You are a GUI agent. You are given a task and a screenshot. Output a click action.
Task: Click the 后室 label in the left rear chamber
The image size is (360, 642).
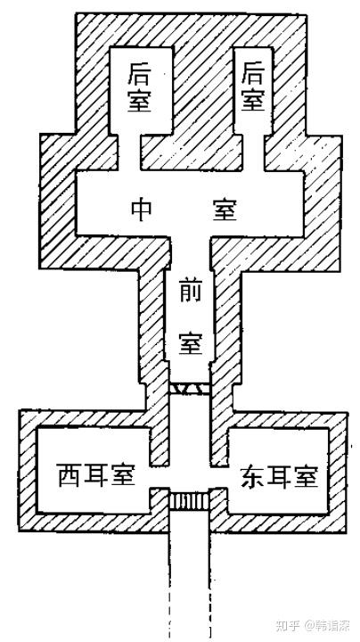point(139,86)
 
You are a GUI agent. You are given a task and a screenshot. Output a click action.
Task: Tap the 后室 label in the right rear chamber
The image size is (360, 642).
point(253,86)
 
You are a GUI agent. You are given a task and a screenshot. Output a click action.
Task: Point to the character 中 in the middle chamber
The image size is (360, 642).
point(142,210)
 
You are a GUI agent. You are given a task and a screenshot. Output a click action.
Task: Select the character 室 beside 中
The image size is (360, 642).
point(225,210)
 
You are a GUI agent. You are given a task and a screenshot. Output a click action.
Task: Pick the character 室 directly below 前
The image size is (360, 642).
point(191,342)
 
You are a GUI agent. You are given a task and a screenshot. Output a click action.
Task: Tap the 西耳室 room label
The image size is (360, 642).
point(95,474)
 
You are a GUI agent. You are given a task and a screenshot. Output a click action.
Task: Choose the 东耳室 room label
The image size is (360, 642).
point(279,475)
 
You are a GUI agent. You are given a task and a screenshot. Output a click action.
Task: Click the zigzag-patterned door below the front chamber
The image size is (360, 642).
point(190,388)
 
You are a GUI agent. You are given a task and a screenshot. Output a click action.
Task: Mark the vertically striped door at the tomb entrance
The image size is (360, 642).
point(190,501)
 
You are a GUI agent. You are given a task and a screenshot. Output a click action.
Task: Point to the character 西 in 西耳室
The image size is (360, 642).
point(69,474)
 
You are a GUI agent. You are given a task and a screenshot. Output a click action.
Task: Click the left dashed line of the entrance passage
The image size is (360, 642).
point(168,582)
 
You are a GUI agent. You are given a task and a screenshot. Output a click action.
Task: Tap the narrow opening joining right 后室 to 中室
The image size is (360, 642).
point(253,152)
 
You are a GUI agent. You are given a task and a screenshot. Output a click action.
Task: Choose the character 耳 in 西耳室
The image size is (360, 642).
point(95,474)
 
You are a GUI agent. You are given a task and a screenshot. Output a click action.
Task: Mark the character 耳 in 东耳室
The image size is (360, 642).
point(279,475)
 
